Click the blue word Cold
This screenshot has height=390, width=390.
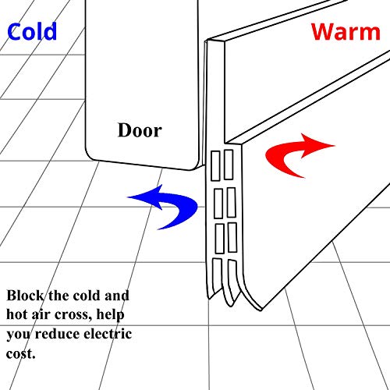click(32, 31)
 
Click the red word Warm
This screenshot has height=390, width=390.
click(346, 32)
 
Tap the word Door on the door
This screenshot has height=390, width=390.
click(140, 130)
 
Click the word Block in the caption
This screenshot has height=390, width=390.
click(25, 296)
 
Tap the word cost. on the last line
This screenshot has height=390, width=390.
click(20, 353)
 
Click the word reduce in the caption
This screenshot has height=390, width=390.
click(58, 334)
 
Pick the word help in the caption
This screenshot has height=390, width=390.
click(110, 315)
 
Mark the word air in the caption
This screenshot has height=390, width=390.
click(41, 314)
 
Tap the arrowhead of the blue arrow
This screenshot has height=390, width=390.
click(146, 197)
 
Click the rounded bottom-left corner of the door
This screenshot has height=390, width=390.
click(89, 156)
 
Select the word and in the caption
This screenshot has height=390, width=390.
click(117, 296)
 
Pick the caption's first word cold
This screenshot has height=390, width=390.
click(87, 296)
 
